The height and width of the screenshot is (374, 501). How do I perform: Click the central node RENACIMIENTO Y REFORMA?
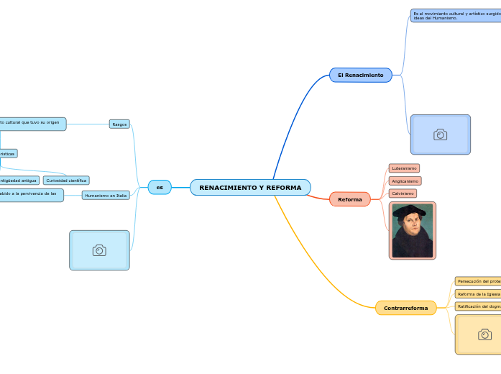250,188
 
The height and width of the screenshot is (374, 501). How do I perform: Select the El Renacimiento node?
360,75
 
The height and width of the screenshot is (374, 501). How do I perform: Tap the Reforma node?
350,199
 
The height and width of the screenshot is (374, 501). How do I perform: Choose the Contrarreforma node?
405,308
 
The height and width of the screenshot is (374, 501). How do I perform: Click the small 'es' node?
160,188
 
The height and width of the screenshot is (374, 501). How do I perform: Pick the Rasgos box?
119,124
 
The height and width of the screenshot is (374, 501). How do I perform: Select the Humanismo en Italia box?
106,195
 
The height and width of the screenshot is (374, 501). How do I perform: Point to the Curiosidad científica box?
66,181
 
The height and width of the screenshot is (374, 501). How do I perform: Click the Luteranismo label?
404,168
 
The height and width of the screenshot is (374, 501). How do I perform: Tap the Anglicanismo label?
405,181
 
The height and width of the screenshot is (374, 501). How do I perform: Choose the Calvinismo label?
403,193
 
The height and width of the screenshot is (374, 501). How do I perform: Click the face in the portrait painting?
412,219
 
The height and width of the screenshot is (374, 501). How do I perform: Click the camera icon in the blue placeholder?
440,134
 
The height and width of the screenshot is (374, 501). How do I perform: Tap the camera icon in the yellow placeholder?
484,334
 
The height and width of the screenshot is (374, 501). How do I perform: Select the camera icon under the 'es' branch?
99,250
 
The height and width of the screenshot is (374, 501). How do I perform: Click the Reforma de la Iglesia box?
478,294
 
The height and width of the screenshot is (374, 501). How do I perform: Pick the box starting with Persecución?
478,281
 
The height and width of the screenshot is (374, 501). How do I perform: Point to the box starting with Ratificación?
478,306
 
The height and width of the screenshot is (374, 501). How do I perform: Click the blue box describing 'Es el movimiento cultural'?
456,15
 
